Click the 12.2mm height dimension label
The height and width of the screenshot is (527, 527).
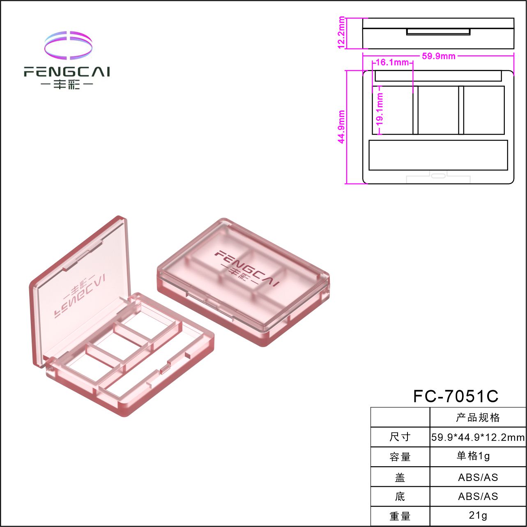[x=341, y=32]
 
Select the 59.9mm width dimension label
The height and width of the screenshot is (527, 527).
[x=438, y=56]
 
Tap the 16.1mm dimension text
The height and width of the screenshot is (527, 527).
[x=392, y=62]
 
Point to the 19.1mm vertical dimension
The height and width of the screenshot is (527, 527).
[x=380, y=109]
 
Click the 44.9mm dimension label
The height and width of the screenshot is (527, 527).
[x=341, y=127]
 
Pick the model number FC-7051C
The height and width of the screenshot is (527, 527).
[x=456, y=396]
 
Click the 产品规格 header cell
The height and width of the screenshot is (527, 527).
[x=478, y=418]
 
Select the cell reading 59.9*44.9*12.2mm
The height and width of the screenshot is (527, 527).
[x=478, y=437]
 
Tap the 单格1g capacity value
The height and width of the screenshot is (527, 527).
[x=474, y=456]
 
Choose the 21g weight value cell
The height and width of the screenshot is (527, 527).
[x=478, y=515]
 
